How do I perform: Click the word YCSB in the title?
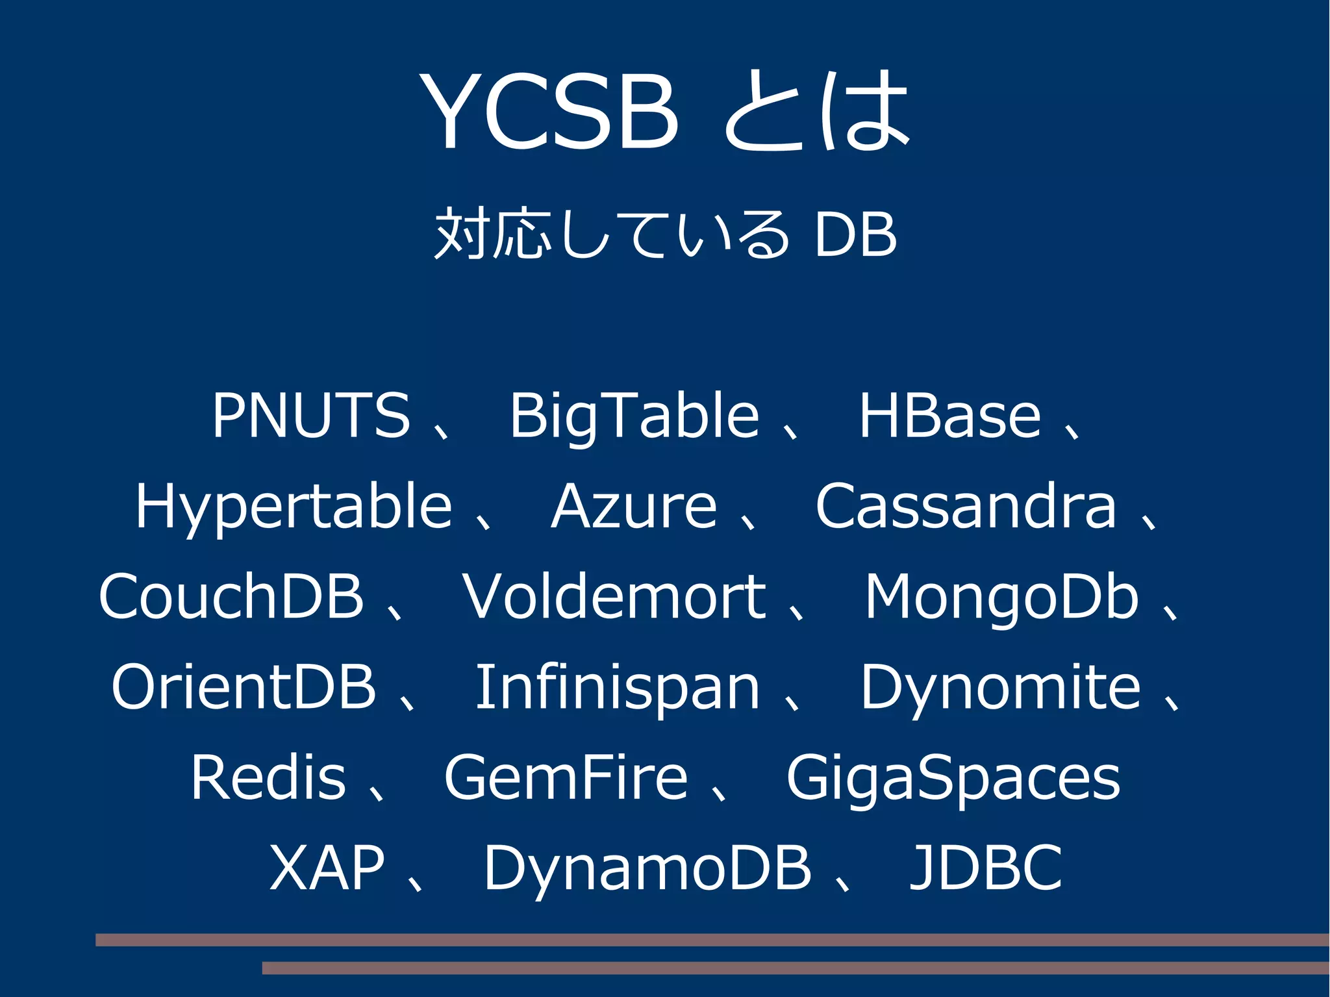coord(549,112)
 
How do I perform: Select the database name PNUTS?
coord(311,415)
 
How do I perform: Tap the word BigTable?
coord(634,416)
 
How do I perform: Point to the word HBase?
coord(949,415)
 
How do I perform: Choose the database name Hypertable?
coord(294,507)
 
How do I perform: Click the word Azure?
coord(634,506)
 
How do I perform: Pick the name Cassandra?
coord(966,506)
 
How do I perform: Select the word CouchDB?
coord(231,596)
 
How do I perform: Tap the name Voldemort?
coord(614,596)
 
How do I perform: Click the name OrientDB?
coord(244,687)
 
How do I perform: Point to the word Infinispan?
coord(618,688)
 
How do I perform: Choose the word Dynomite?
coord(1000,688)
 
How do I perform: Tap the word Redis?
coord(268,777)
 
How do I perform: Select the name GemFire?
coord(566,777)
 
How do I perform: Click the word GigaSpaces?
coord(953,779)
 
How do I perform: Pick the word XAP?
coord(327,868)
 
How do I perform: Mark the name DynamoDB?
coord(647,869)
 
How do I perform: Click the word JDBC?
coord(985,868)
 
